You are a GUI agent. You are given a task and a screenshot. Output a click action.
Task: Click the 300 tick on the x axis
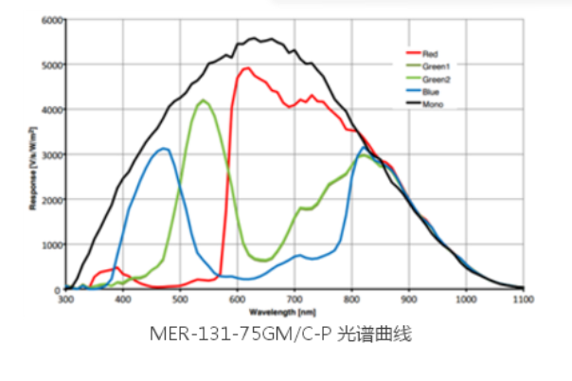point(65,299)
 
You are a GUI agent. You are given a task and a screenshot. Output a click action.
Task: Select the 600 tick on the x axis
point(237,299)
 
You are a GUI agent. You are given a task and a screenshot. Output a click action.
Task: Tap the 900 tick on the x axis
point(408,299)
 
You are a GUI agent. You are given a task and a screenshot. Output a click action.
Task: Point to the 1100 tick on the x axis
point(522,299)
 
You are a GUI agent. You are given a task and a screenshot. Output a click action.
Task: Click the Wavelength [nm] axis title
point(293,309)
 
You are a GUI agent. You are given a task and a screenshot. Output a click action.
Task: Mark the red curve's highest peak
point(247,68)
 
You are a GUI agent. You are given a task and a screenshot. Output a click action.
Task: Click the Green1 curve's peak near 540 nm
point(203,100)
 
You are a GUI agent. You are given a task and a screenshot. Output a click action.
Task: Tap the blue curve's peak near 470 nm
point(164,149)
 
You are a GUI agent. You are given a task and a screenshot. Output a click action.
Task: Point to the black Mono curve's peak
point(254,39)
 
